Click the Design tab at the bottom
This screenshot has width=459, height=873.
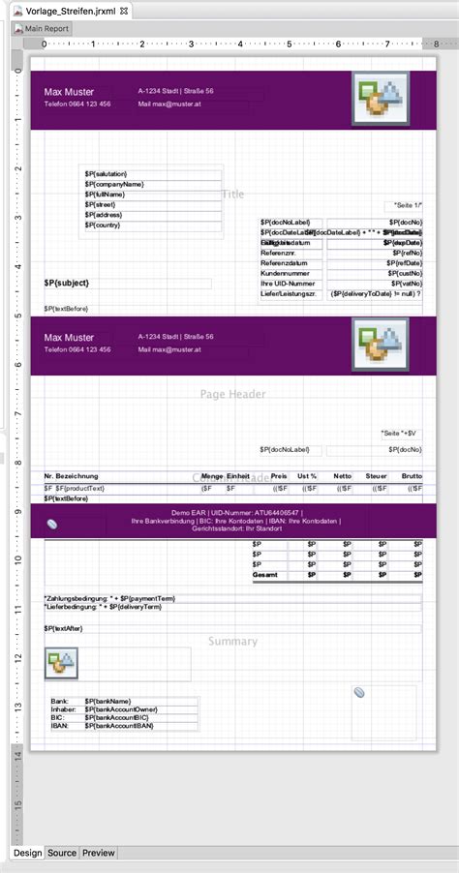point(28,853)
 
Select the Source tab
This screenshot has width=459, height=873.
point(62,853)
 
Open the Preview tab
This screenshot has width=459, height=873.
point(99,853)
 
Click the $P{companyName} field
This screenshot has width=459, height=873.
point(114,183)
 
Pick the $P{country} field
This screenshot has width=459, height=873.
point(107,225)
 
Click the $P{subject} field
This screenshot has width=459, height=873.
point(67,282)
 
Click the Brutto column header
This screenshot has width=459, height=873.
point(411,477)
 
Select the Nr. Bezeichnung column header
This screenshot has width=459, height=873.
point(72,477)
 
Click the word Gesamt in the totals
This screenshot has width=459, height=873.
point(265,575)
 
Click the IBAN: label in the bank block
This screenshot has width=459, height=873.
point(60,725)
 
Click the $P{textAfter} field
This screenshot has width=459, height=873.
point(65,628)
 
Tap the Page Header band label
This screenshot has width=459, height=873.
point(232,394)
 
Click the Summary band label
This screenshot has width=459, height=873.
point(232,641)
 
